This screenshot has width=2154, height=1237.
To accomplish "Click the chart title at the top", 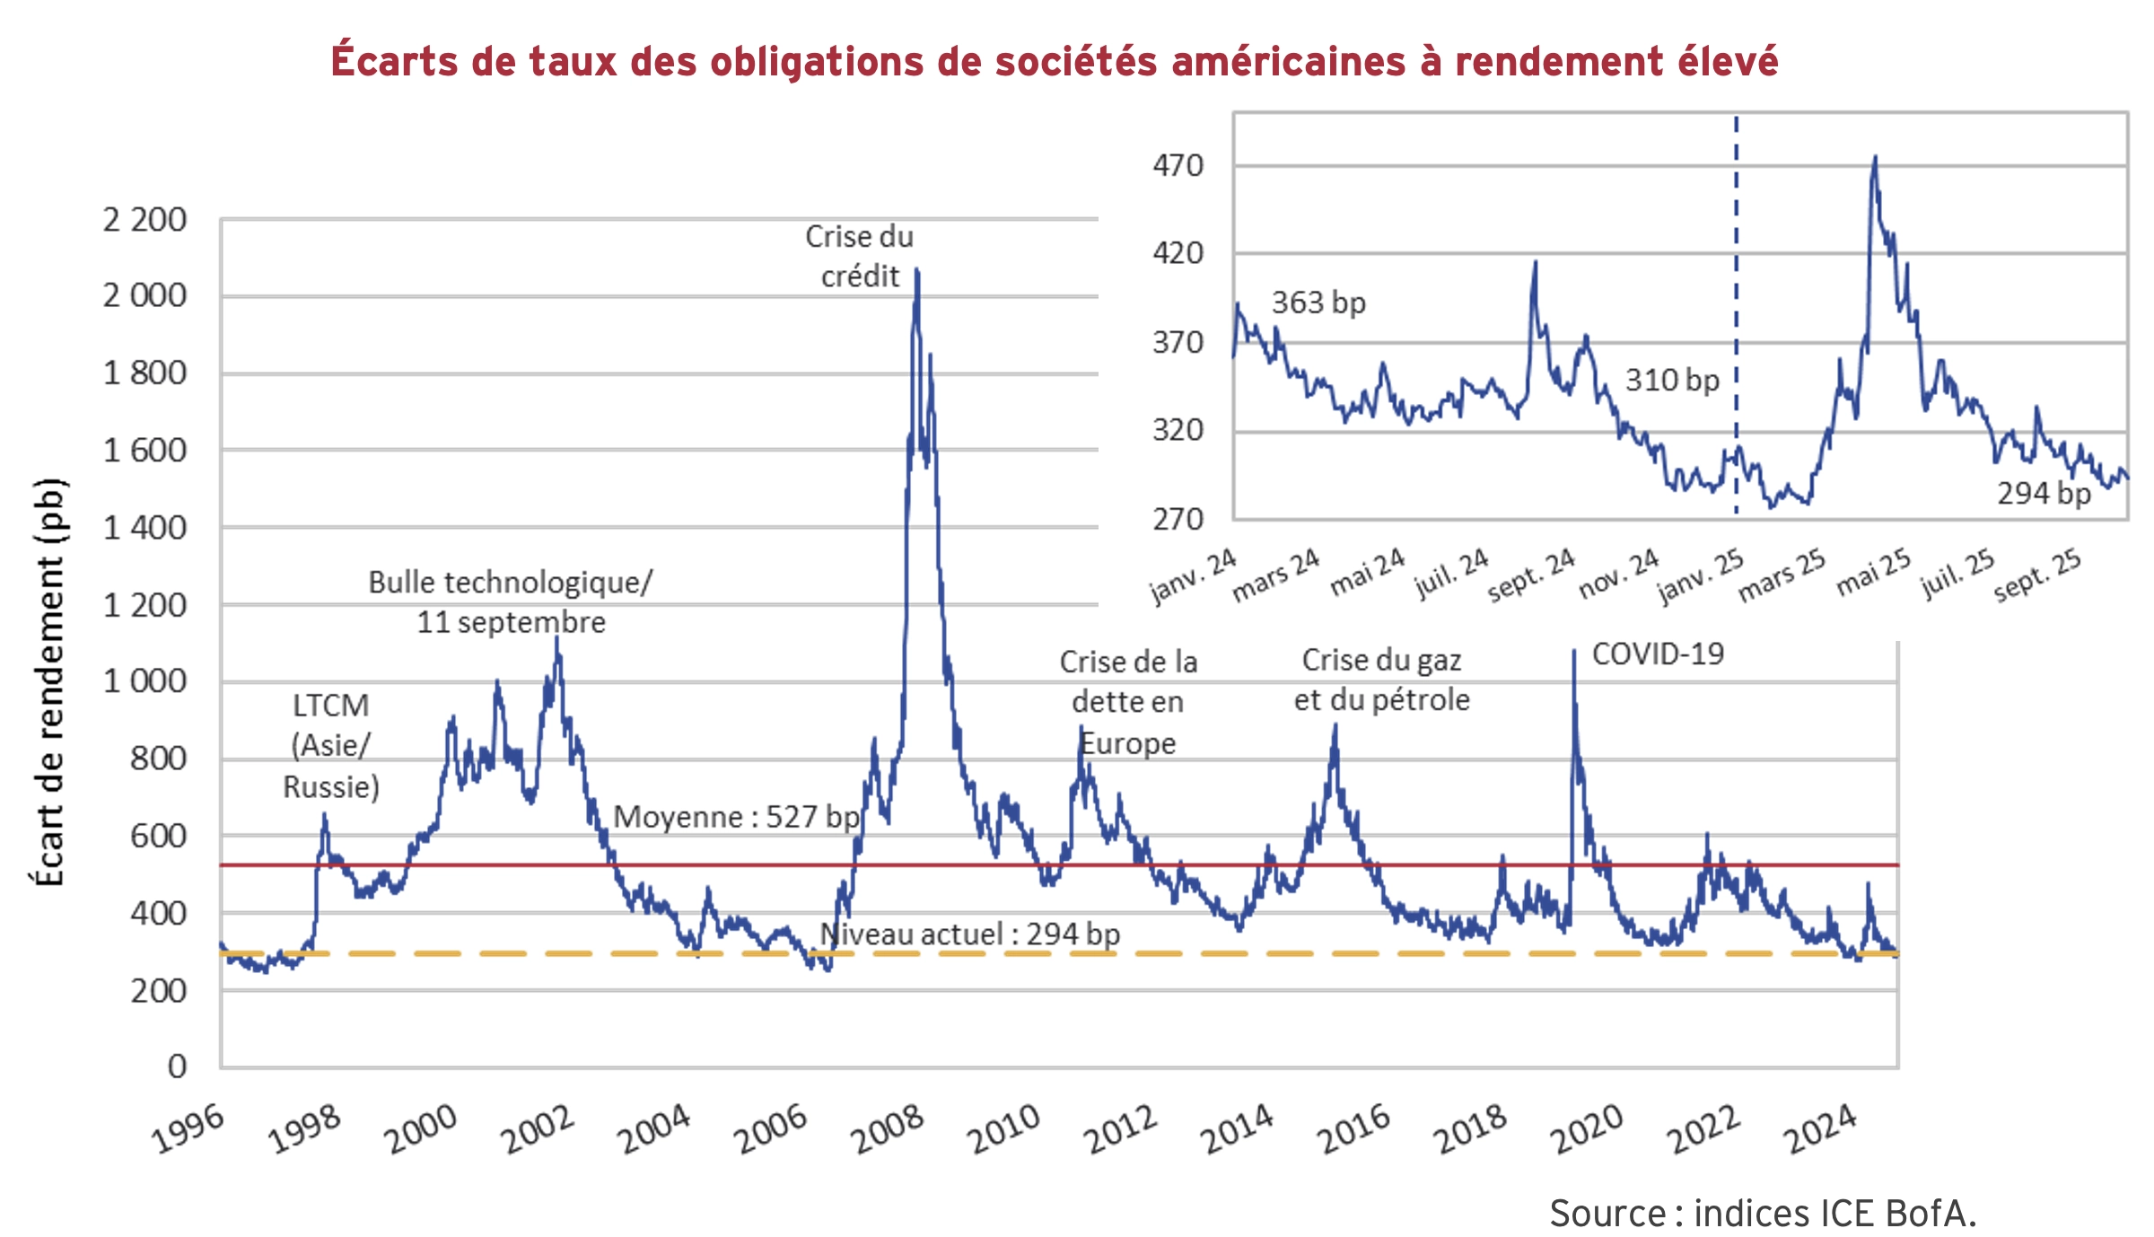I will pyautogui.click(x=1054, y=61).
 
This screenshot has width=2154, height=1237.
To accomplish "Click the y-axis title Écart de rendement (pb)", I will pyautogui.click(x=49, y=682).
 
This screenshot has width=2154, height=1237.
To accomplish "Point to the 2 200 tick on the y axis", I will pyautogui.click(x=144, y=220).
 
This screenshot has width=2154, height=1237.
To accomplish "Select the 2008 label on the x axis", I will pyautogui.click(x=887, y=1129).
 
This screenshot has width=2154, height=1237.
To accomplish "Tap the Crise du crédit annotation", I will pyautogui.click(x=859, y=257).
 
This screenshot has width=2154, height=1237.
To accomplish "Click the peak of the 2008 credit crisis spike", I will pyautogui.click(x=916, y=270).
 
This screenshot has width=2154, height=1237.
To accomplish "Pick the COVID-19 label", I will pyautogui.click(x=1658, y=654).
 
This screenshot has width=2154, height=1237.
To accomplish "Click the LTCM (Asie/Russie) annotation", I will pyautogui.click(x=331, y=746).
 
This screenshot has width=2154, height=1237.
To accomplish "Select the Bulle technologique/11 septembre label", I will pyautogui.click(x=511, y=601).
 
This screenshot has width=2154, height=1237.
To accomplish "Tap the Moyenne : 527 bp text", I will pyautogui.click(x=736, y=817).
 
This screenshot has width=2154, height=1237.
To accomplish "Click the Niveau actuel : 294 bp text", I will pyautogui.click(x=969, y=934).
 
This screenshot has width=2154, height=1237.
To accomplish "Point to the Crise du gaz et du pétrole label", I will pyautogui.click(x=1381, y=680).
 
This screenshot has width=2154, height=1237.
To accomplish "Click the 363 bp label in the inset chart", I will pyautogui.click(x=1318, y=303).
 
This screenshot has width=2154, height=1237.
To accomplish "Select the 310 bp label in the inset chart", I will pyautogui.click(x=1671, y=380).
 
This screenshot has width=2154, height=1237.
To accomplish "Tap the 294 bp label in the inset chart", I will pyautogui.click(x=2043, y=493).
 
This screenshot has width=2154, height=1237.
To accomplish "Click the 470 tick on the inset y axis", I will pyautogui.click(x=1178, y=166).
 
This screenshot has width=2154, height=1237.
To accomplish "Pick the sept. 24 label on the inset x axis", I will pyautogui.click(x=1531, y=575).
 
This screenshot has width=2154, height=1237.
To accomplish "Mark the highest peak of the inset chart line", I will pyautogui.click(x=1875, y=158).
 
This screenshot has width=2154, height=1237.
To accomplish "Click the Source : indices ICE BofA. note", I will pyautogui.click(x=1763, y=1213).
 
